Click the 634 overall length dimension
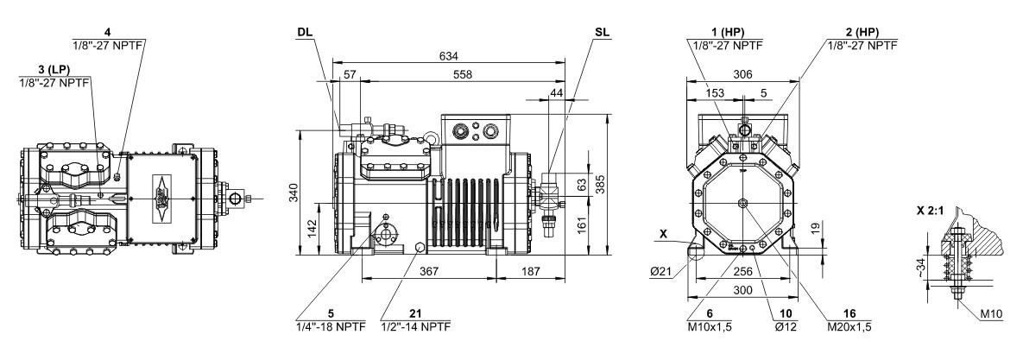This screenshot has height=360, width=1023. (x=448, y=56)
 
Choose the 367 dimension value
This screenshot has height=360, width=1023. (x=429, y=271)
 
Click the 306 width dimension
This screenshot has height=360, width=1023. (x=742, y=75)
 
